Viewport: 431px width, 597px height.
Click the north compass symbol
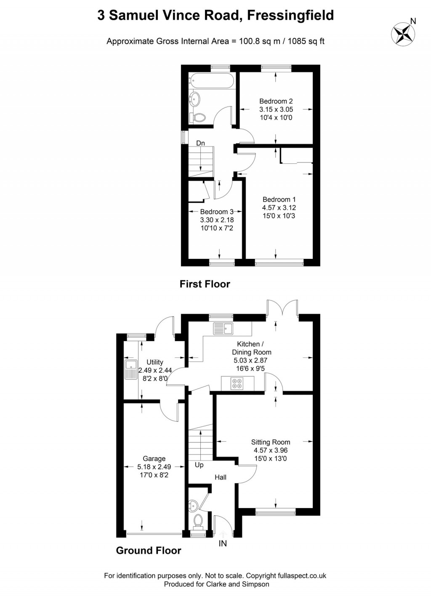403,34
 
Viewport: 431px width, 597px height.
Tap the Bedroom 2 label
276,101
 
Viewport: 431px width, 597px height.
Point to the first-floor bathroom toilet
198,117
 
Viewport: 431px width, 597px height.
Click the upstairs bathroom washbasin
195,99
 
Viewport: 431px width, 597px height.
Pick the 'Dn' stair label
201,143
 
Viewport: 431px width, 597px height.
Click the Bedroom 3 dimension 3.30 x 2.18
217,220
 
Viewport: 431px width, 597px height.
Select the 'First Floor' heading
205,284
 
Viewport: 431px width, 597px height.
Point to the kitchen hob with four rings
237,383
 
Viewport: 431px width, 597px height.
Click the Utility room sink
130,369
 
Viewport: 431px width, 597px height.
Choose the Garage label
154,458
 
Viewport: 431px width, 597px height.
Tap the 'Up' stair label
199,465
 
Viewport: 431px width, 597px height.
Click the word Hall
221,477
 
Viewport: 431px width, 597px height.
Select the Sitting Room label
270,442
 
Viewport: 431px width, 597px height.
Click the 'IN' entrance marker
223,544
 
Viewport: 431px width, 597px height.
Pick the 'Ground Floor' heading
149,551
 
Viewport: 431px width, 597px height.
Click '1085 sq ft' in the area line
306,41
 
